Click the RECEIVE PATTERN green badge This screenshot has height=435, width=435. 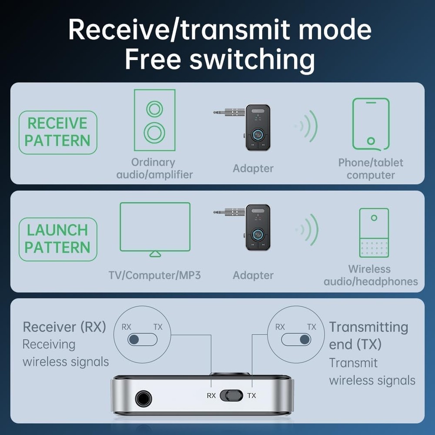click(x=57, y=132)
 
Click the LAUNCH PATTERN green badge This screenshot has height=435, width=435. click(x=57, y=239)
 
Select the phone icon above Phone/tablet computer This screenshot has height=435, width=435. click(x=371, y=124)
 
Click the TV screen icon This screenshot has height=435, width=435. click(x=155, y=228)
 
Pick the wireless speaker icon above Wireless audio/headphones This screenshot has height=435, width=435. click(x=374, y=233)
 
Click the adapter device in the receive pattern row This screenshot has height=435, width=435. click(x=251, y=127)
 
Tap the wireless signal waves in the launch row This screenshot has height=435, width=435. click(x=308, y=229)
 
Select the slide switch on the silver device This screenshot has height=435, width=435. click(x=231, y=395)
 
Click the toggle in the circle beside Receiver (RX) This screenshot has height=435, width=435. click(x=142, y=339)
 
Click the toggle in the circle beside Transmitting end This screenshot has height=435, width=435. click(x=296, y=339)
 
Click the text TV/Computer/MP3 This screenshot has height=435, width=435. click(x=154, y=275)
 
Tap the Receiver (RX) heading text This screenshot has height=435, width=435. click(x=64, y=327)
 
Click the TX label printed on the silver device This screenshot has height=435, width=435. click(x=251, y=395)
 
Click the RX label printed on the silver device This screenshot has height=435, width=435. click(x=211, y=395)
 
